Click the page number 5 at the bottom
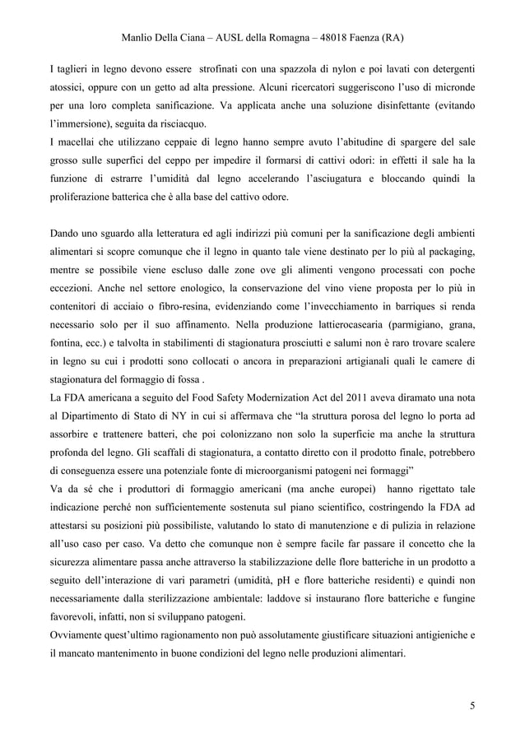472,705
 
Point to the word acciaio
118,310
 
